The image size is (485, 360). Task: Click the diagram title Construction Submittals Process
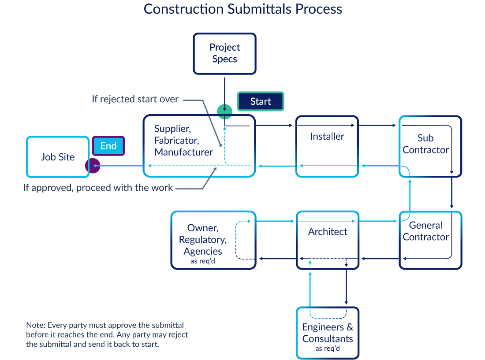(x=242, y=9)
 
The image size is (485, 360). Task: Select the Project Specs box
(x=225, y=53)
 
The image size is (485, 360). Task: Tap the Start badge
(x=261, y=101)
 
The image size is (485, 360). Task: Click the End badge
(x=108, y=146)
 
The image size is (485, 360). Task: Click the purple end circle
(x=93, y=166)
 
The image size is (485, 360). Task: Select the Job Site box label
(x=58, y=157)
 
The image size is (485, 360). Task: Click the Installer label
(x=327, y=137)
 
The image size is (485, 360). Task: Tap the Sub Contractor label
(x=425, y=144)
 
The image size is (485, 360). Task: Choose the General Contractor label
(x=425, y=231)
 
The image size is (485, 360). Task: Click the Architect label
(x=328, y=232)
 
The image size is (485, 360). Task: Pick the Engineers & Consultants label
(x=328, y=333)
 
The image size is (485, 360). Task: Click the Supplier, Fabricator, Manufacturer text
(x=183, y=141)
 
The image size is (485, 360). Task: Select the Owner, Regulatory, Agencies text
(x=203, y=240)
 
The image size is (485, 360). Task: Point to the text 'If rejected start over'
(x=135, y=99)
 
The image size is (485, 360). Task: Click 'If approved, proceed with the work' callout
(x=98, y=188)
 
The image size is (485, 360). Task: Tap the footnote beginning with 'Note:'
(x=107, y=335)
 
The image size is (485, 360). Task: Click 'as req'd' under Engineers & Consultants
(x=328, y=349)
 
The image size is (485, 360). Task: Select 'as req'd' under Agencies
(x=203, y=261)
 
